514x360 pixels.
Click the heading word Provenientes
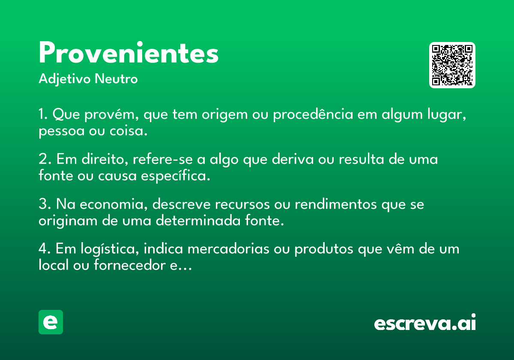tap(128, 52)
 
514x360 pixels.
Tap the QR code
tap(452, 65)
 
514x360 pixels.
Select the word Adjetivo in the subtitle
tap(65, 79)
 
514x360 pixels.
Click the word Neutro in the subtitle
tap(116, 79)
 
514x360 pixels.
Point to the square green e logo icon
tap(51, 322)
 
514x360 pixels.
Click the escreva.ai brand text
tap(425, 322)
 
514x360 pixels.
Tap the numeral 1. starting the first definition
tap(43, 114)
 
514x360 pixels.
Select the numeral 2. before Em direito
tap(45, 159)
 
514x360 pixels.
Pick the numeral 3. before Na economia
tap(45, 204)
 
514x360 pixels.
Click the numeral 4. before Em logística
tap(45, 249)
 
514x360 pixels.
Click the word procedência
tap(313, 114)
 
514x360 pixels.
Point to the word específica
tap(176, 176)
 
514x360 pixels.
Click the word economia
tap(114, 204)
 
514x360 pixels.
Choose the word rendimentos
tap(336, 204)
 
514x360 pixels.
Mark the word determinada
tap(198, 220)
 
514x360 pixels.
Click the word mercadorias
tap(228, 249)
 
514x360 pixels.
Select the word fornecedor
tap(130, 265)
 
